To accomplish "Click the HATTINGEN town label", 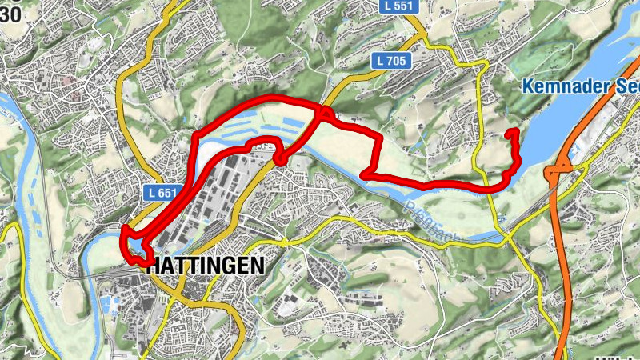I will tap(205, 266).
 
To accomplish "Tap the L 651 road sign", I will tap(162, 193).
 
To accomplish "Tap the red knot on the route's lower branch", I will tap(281, 159).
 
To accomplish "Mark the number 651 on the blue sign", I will tap(166, 193).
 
